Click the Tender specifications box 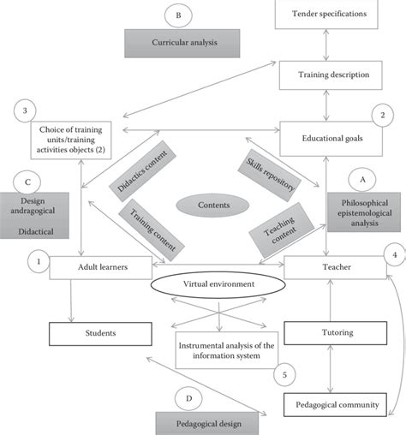(x=330, y=13)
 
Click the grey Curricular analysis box (x=179, y=41)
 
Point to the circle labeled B (x=177, y=15)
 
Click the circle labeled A (x=362, y=179)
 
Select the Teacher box (x=330, y=267)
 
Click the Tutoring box (x=330, y=333)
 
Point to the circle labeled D (x=189, y=397)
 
